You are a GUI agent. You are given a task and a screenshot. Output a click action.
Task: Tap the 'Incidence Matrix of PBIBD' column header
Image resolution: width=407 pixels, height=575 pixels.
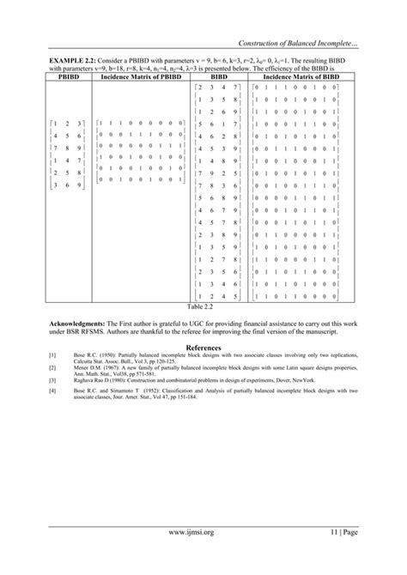[x=141, y=77]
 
